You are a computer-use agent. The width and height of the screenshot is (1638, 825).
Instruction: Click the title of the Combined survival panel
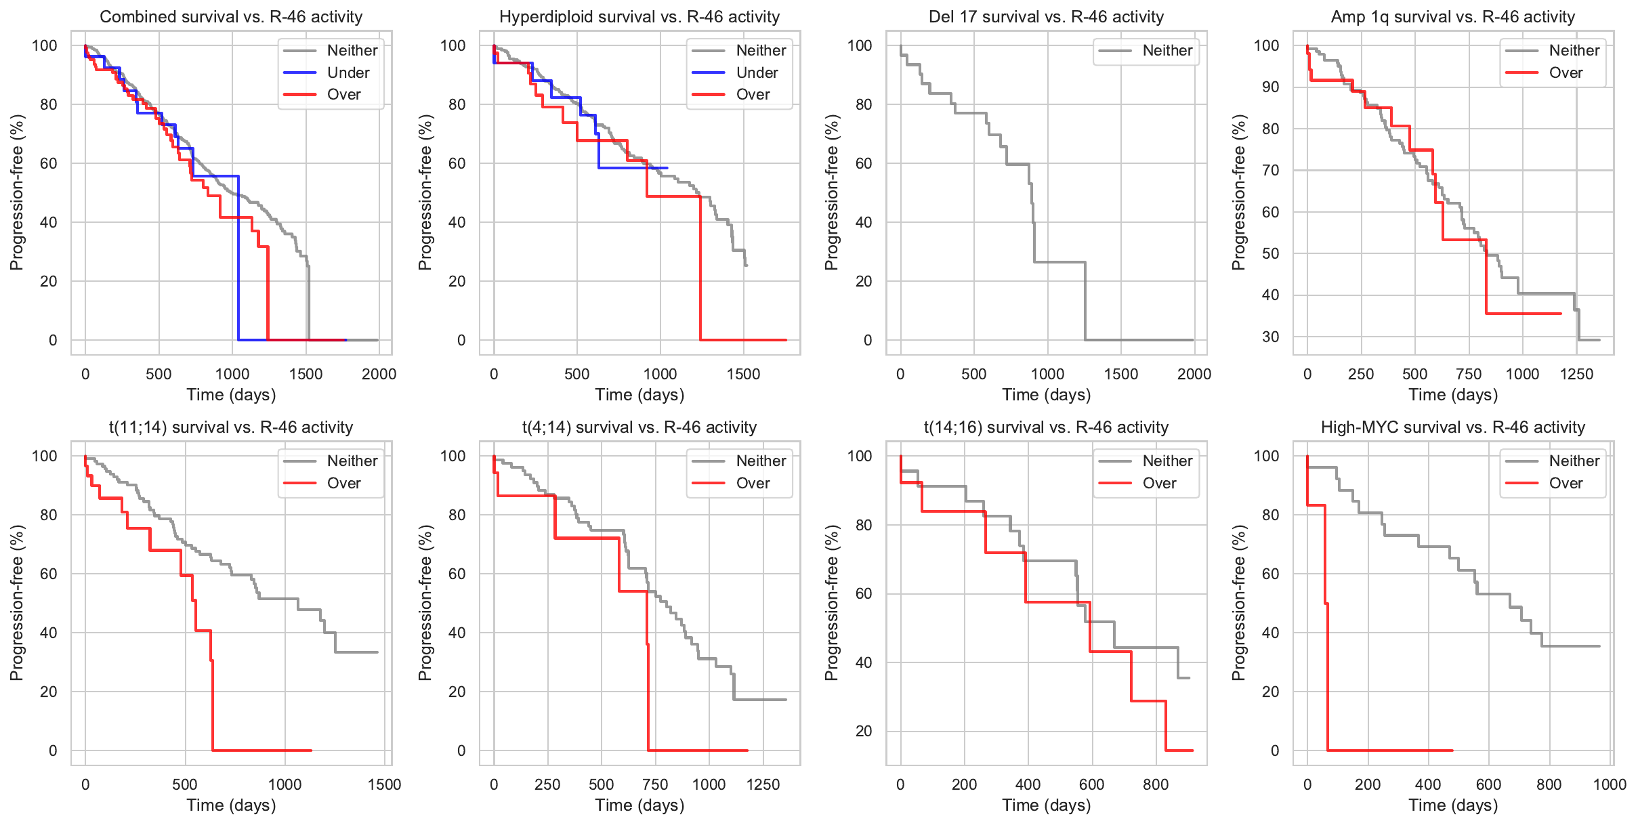pos(231,17)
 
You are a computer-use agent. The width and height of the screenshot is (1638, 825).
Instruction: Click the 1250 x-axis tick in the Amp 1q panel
pos(1576,375)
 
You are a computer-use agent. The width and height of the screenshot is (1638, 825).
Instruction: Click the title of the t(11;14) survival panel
pos(231,427)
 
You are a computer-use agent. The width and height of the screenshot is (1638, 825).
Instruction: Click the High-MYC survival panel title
pos(1453,427)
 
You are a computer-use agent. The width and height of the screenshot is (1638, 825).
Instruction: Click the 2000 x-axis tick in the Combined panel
pos(379,375)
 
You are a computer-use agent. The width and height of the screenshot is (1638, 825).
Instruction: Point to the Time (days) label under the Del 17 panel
pos(1047,395)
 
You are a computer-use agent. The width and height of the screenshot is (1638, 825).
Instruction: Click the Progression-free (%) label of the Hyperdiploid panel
pos(425,192)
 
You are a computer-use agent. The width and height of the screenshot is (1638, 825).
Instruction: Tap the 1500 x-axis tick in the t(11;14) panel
pos(384,785)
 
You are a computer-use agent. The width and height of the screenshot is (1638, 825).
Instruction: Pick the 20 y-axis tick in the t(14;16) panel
pos(864,732)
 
